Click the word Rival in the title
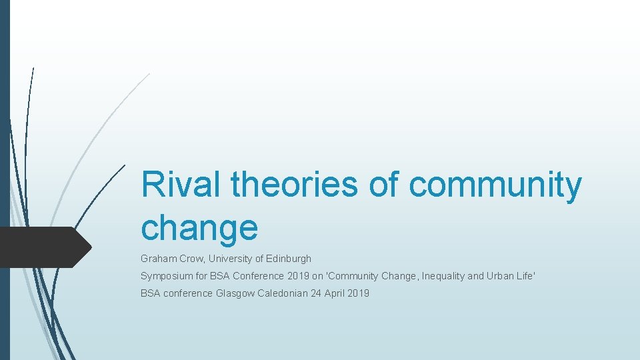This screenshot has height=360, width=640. coord(179,184)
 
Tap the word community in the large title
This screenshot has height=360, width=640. coord(495,185)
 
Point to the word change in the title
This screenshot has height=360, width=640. coord(199,228)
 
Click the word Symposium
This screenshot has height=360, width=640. coord(166,276)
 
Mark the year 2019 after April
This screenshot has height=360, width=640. coord(358,293)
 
